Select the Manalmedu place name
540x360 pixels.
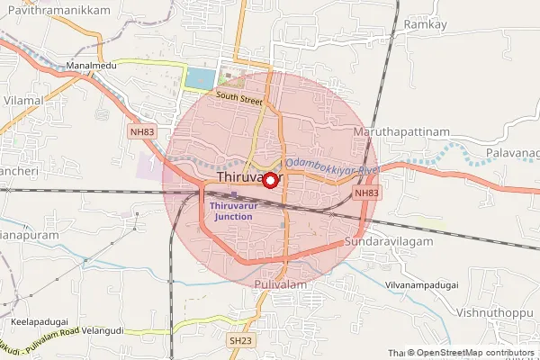point(87,67)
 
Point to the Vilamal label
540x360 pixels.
point(24,100)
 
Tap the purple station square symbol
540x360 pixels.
point(233,194)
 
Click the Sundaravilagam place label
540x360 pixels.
point(389,242)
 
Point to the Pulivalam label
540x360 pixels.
point(281,284)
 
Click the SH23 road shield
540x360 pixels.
point(239,341)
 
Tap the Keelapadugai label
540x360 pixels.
point(39,320)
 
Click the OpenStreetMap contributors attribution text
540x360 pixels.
point(476,353)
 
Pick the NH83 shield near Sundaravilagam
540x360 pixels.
point(365,193)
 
